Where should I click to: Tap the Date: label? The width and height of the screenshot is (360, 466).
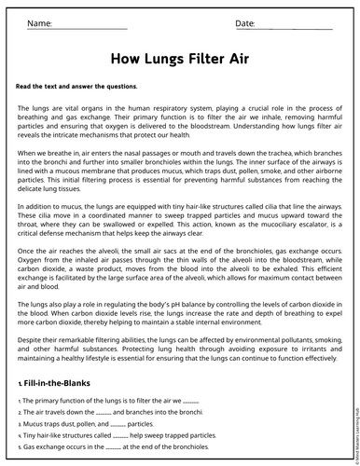[245, 22]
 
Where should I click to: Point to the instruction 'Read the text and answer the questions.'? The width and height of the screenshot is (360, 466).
[76, 86]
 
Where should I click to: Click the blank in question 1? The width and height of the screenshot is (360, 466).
[190, 400]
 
